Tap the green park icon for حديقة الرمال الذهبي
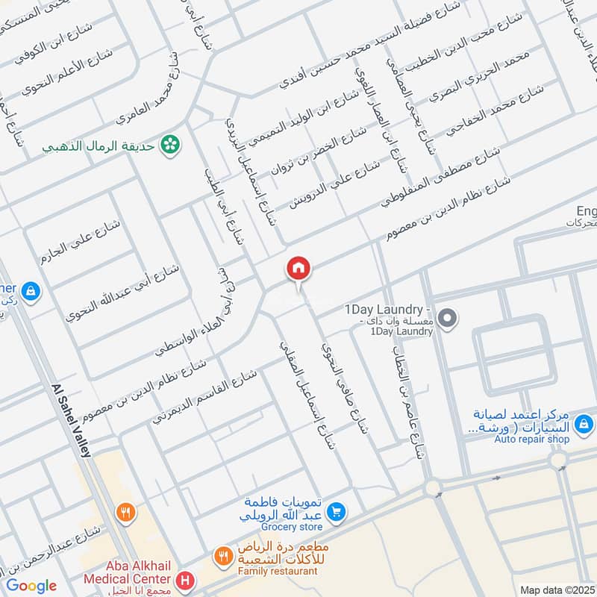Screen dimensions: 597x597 click(172, 144)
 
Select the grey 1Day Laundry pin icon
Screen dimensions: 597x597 click(447, 319)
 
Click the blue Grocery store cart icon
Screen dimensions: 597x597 click(337, 511)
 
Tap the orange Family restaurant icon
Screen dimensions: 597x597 click(222, 557)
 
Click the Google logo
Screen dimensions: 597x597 click(31, 586)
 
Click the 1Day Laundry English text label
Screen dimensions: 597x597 click(387, 309)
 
